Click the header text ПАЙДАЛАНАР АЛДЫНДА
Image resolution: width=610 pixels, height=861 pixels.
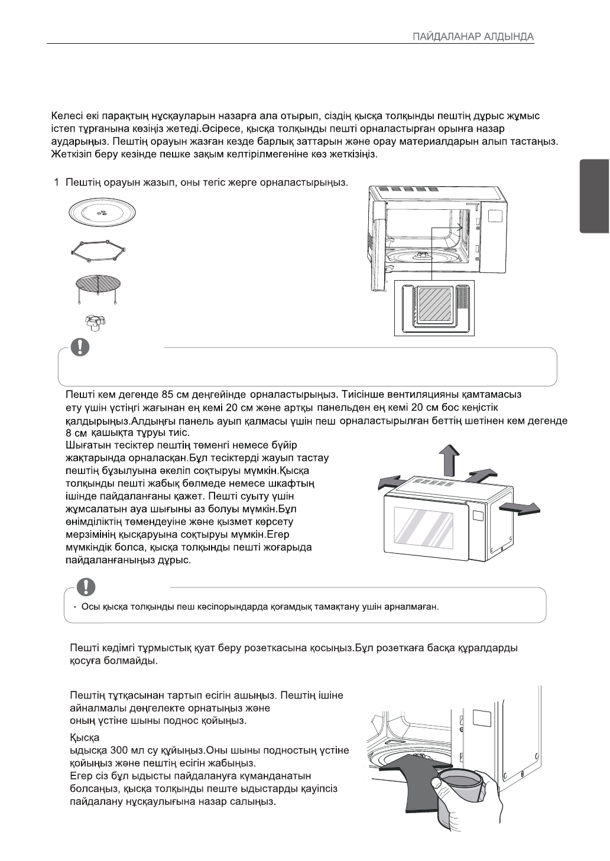point(473,37)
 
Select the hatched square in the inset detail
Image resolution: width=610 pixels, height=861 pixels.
point(434,306)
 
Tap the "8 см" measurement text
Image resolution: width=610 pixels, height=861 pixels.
point(76,433)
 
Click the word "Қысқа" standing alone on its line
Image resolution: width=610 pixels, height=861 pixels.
point(85,737)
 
